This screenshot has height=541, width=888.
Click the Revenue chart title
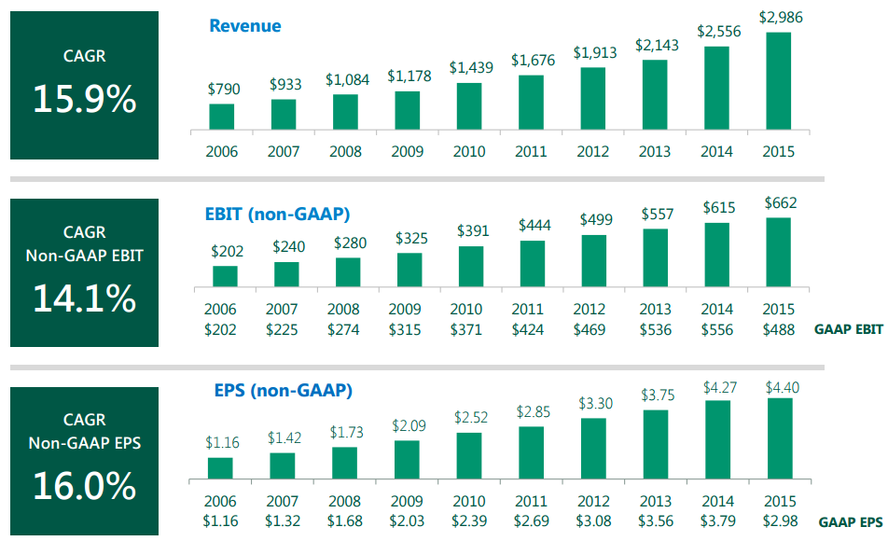pos(245,25)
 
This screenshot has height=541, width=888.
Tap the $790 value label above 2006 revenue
pos(223,90)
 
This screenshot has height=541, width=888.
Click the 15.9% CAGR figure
pos(85,98)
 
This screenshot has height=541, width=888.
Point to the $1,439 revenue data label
pos(468,68)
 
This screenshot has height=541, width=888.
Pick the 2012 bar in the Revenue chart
pos(593,98)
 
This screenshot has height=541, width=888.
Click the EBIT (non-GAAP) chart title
pos(277,215)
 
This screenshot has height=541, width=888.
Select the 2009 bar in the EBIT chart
pos(409,270)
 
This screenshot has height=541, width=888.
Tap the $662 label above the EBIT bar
pos(780,202)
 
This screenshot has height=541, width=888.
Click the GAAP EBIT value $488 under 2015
pos(779,329)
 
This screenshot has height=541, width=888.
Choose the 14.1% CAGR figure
pos(85,298)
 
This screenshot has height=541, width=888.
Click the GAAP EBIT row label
pos(848,330)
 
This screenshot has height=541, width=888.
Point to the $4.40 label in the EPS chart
pos(780,384)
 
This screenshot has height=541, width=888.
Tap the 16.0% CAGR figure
pos(85,485)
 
